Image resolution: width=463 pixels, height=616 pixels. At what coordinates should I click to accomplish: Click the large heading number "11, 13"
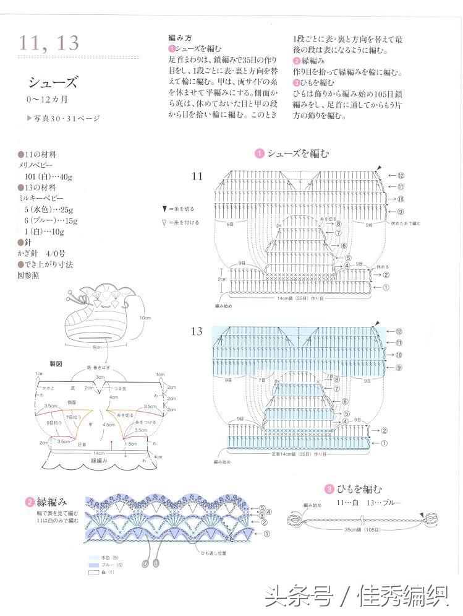49,43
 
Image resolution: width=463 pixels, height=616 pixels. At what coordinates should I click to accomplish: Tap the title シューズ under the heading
53,82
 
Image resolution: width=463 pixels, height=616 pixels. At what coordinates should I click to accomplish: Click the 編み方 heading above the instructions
180,38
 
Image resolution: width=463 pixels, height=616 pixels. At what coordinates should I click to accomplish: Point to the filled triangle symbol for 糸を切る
164,209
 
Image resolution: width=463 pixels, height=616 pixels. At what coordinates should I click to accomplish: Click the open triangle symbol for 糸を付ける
164,222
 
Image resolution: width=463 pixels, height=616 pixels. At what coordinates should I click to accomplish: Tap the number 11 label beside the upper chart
197,176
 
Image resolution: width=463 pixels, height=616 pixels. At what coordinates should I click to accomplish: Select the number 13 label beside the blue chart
197,331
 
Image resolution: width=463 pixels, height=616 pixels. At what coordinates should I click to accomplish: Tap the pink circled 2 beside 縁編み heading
30,502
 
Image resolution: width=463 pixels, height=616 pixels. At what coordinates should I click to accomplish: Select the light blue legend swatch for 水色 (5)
95,557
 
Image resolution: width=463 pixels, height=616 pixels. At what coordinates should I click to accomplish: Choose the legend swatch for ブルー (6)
95,565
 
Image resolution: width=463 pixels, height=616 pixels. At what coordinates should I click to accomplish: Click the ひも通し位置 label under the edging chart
214,552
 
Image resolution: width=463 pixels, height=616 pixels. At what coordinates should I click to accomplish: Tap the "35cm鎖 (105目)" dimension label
360,530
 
